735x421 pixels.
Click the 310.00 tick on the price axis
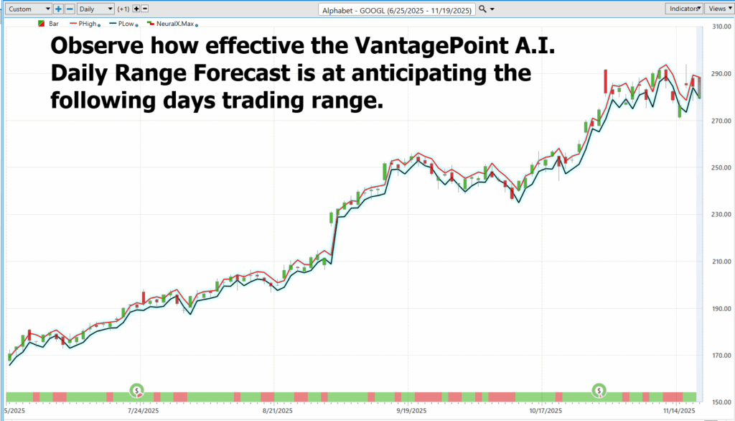721,27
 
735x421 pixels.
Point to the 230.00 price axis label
721,215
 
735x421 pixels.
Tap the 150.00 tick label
721,402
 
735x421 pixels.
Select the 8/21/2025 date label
278,411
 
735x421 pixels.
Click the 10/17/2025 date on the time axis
546,411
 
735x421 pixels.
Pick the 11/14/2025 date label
679,411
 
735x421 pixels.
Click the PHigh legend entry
85,24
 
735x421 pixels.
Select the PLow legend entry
123,24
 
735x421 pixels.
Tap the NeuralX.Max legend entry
172,24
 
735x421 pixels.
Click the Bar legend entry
48,24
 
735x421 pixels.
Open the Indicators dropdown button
684,9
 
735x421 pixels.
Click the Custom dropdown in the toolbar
28,9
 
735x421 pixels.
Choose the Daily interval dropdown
95,9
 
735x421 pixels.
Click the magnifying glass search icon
482,9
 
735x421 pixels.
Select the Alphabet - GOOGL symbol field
396,10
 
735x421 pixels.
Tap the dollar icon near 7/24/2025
137,390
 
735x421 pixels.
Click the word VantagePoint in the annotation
431,46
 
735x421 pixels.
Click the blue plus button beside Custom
58,9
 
